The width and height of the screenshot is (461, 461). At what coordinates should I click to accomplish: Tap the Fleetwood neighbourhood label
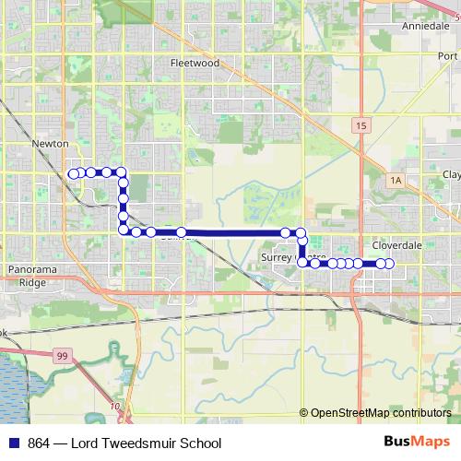click(195, 64)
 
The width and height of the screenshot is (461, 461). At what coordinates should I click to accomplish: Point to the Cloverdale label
click(397, 247)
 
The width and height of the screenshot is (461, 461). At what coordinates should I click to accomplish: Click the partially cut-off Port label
click(449, 55)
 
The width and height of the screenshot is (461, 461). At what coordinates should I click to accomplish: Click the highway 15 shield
click(360, 124)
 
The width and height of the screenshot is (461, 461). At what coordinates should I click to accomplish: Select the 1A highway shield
click(396, 180)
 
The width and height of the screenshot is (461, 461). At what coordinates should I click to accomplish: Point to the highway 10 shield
click(114, 406)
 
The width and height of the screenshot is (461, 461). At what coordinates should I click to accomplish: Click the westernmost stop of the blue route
click(73, 172)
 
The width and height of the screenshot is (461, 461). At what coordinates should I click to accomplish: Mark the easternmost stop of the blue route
click(390, 265)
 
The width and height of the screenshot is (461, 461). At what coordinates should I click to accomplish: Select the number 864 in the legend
click(39, 443)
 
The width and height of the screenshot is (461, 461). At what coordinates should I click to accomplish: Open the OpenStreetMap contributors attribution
click(381, 413)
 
